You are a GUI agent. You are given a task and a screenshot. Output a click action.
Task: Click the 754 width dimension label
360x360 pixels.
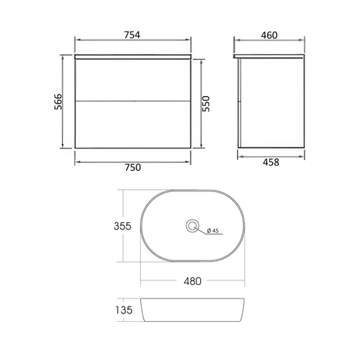point(132,35)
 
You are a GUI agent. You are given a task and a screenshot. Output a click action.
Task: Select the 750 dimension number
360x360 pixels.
point(133,167)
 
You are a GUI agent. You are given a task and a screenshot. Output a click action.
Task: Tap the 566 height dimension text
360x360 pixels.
point(58,101)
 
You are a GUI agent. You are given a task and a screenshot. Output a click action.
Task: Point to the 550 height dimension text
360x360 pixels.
point(205,103)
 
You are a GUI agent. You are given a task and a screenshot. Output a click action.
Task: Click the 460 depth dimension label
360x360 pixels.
point(269,35)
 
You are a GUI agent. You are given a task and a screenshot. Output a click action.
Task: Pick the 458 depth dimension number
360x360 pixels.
point(271,163)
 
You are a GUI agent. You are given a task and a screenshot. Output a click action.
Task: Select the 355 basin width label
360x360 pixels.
point(122,226)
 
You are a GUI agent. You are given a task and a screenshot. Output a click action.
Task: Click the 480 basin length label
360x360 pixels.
point(193,281)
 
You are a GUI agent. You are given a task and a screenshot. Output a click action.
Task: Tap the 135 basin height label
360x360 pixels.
point(124,310)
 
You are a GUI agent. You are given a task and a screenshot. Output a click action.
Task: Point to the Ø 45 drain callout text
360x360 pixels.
point(212,230)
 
